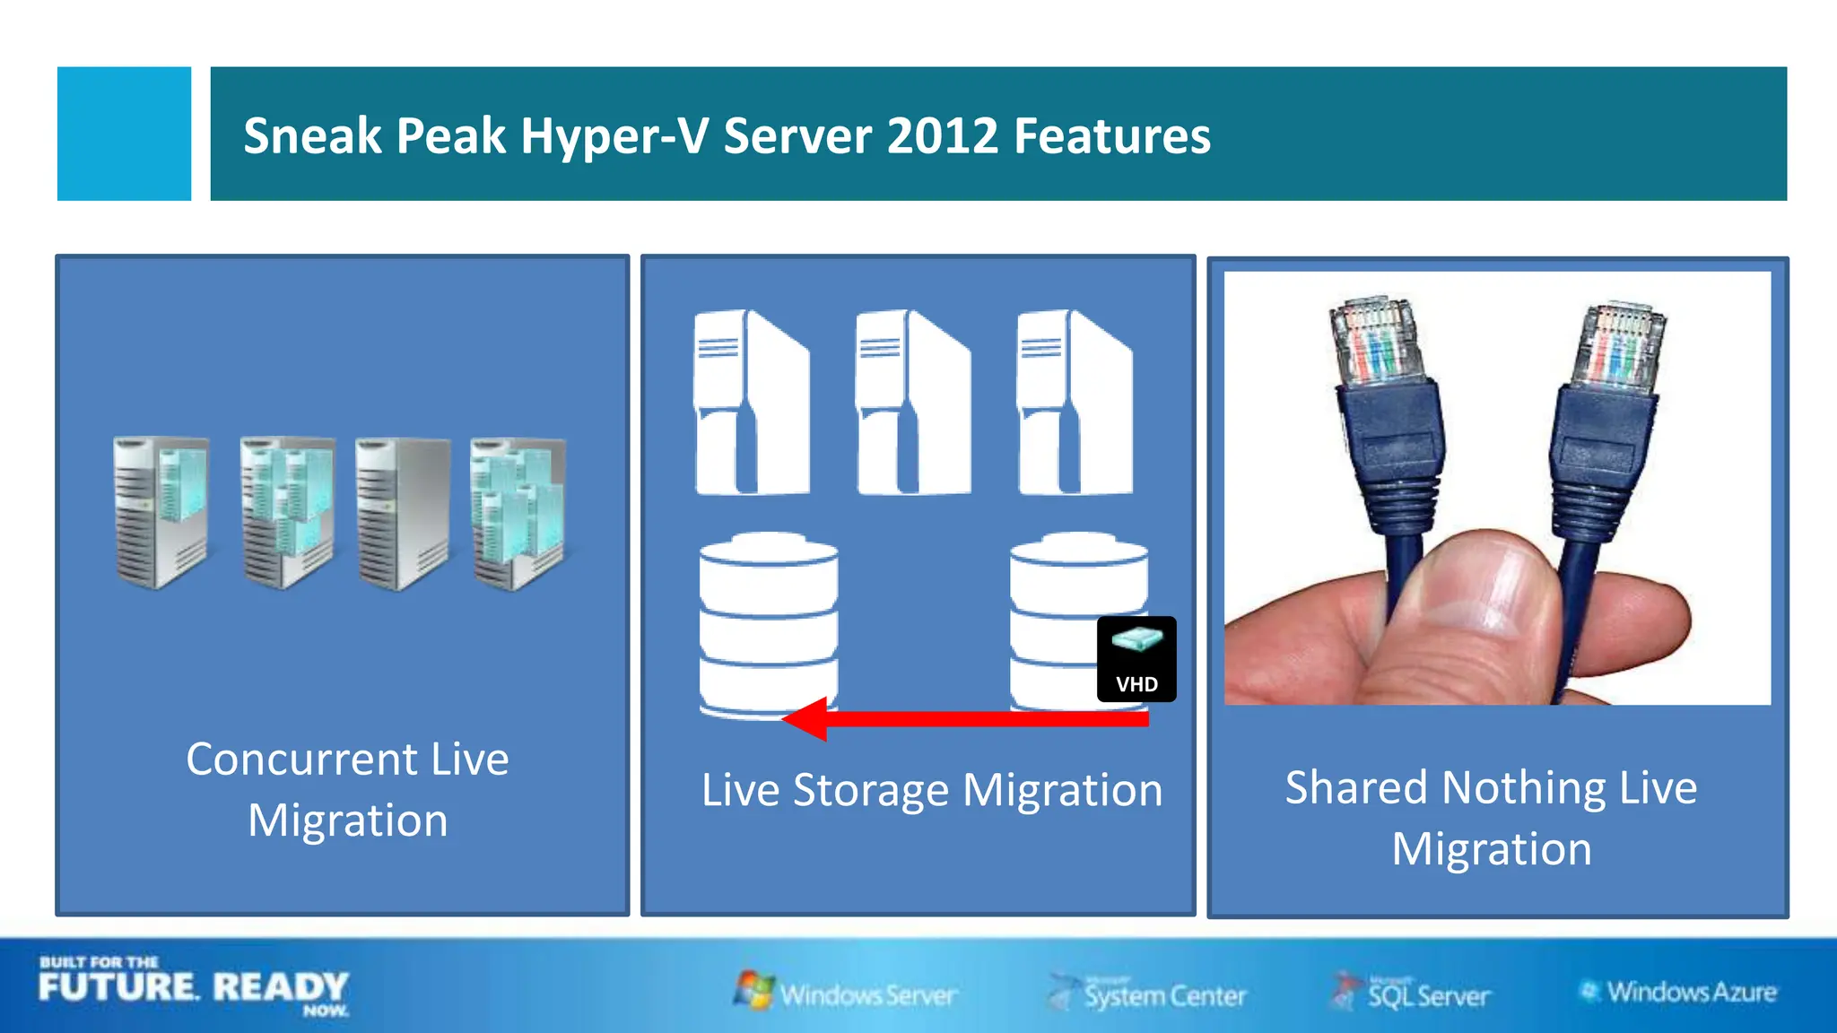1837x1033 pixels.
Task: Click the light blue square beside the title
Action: click(x=124, y=134)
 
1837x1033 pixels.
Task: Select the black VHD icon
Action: click(x=1136, y=659)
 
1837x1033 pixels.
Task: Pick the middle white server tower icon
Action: click(x=912, y=403)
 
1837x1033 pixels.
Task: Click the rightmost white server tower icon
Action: click(x=1074, y=403)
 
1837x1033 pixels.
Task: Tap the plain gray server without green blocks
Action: click(x=402, y=513)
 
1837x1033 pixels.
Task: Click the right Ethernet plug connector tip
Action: click(x=1624, y=345)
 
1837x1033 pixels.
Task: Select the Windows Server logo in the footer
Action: click(x=846, y=993)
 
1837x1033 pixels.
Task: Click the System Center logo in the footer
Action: click(x=1148, y=994)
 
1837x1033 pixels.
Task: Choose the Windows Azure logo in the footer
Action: click(x=1677, y=992)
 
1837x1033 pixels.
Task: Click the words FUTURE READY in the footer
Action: click(x=193, y=987)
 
